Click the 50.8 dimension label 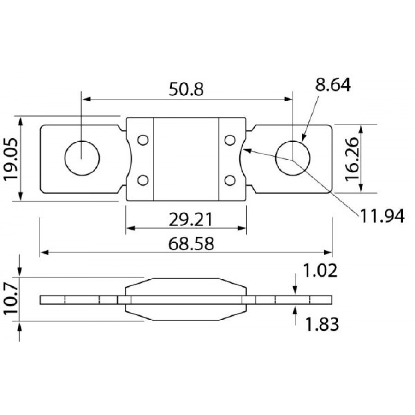pos(186,89)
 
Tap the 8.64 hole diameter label pos(333,85)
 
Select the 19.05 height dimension pos(11,160)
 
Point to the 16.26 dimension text pos(352,160)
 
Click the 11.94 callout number pos(382,216)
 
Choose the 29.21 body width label pos(190,219)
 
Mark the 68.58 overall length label pos(191,244)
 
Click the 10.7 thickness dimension pos(11,299)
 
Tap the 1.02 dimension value pos(320,271)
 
